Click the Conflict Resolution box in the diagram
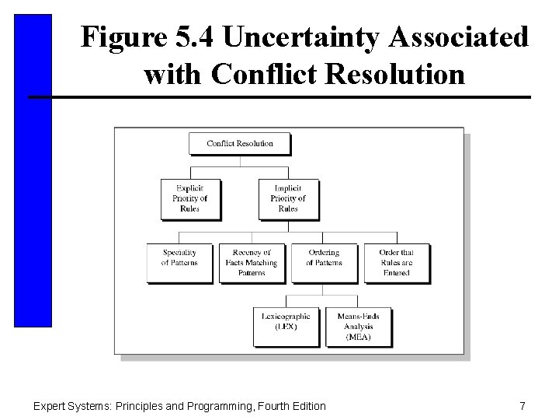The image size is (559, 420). (239, 143)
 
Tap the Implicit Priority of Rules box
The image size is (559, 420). (287, 198)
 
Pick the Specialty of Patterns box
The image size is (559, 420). (179, 262)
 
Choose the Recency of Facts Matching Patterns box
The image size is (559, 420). (252, 262)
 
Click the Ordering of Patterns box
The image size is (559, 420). (324, 262)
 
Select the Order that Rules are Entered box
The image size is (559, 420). (395, 262)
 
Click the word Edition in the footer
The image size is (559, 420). (306, 405)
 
